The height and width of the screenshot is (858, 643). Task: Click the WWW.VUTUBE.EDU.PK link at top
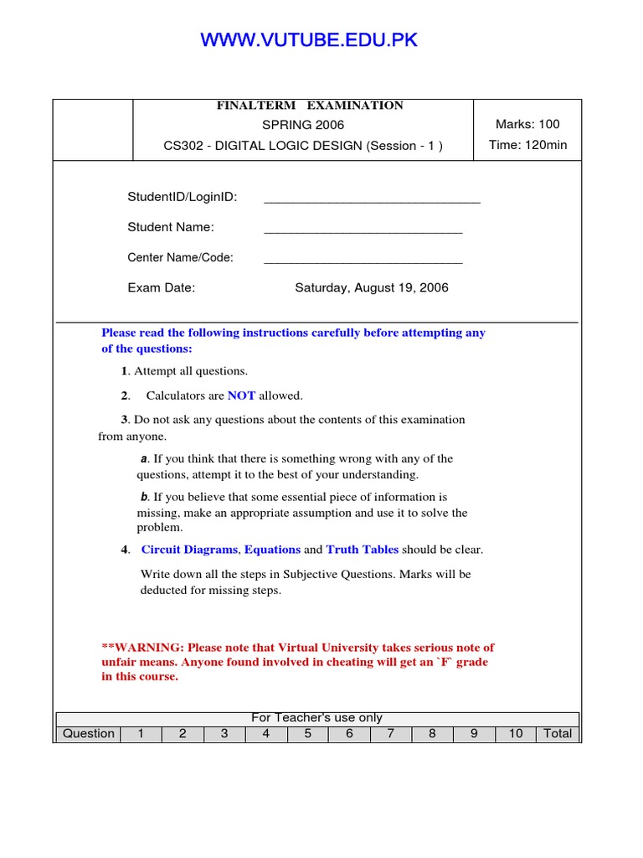pyautogui.click(x=309, y=40)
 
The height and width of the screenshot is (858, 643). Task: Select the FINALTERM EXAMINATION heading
pyautogui.click(x=310, y=106)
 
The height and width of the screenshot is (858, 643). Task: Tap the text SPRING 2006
pyautogui.click(x=303, y=125)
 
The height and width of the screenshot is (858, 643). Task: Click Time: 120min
pyautogui.click(x=527, y=145)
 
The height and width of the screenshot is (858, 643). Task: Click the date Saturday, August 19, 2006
pyautogui.click(x=371, y=287)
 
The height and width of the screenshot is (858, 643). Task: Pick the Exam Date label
pyautogui.click(x=161, y=287)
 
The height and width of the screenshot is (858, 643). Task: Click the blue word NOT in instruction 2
pyautogui.click(x=241, y=395)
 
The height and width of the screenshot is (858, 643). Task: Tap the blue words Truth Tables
pyautogui.click(x=362, y=550)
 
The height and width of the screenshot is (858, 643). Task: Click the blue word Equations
pyautogui.click(x=272, y=550)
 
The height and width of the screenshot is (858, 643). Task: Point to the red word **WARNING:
pyautogui.click(x=142, y=647)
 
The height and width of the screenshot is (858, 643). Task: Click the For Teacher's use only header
pyautogui.click(x=316, y=718)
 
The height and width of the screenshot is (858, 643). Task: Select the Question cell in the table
pyautogui.click(x=89, y=734)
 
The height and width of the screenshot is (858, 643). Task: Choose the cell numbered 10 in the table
pyautogui.click(x=516, y=734)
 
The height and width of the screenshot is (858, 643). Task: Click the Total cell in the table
pyautogui.click(x=558, y=734)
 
